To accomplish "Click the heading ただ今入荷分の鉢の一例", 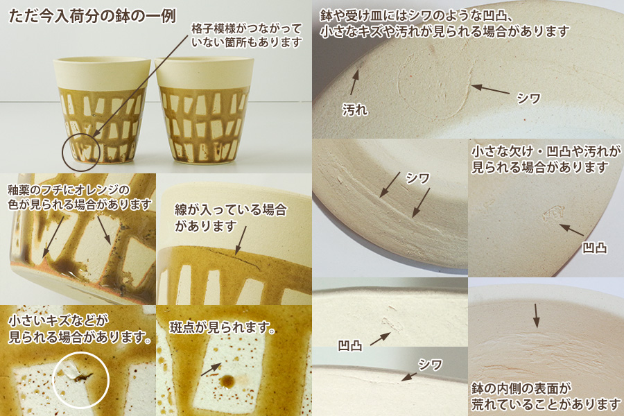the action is point(92,17).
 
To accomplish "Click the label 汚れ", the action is point(355,110).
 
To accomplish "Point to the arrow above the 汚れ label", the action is point(354,82).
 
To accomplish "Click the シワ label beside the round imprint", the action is point(528,98).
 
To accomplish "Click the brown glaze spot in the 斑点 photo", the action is point(228,381).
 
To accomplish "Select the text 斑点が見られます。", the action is point(223,327).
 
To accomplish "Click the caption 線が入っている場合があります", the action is point(230,218).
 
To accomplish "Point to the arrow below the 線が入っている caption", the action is point(241,241).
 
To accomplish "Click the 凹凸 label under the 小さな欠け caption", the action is point(595,248).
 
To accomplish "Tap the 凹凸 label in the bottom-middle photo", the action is point(350,345).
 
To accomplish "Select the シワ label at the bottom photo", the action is point(430,364).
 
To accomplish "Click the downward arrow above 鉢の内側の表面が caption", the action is point(537,315).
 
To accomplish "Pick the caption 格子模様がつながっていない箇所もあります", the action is point(246,35).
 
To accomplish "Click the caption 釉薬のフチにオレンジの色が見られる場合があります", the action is point(80,197).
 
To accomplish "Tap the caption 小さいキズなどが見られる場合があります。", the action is point(80,329).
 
